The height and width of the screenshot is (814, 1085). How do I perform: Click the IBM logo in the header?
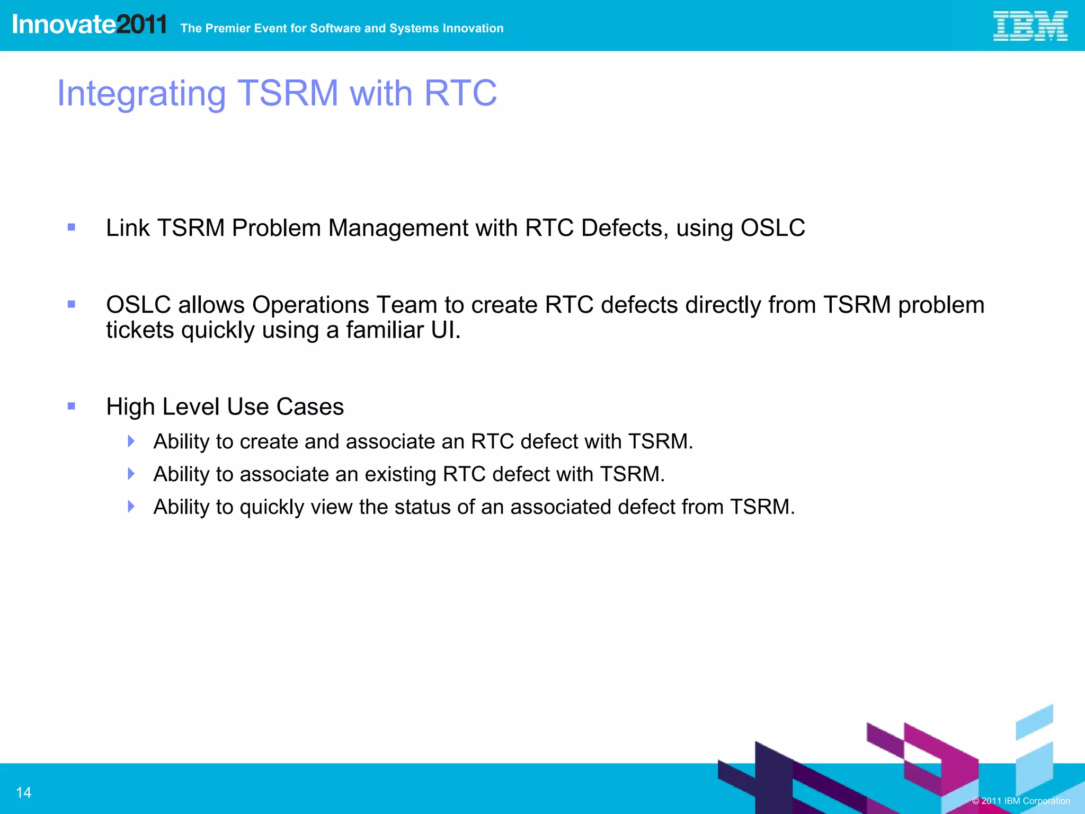tap(1029, 26)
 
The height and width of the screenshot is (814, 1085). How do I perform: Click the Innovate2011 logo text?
tap(89, 24)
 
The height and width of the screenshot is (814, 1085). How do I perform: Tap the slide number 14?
tap(24, 792)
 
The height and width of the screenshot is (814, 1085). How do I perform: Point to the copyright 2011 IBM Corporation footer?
tap(1020, 801)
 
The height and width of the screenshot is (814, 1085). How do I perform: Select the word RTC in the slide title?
tap(460, 93)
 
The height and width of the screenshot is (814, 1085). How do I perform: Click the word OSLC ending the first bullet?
tap(772, 228)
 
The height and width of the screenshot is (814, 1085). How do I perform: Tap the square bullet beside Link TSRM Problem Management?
tap(72, 227)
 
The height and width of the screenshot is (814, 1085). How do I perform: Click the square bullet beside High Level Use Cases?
tap(72, 406)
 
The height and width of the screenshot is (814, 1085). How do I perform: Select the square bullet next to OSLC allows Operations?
tap(72, 304)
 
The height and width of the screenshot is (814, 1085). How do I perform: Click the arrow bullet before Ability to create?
tap(131, 441)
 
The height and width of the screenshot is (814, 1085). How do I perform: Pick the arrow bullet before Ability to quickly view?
tap(131, 506)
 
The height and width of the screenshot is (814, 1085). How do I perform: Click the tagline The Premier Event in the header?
tap(342, 28)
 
